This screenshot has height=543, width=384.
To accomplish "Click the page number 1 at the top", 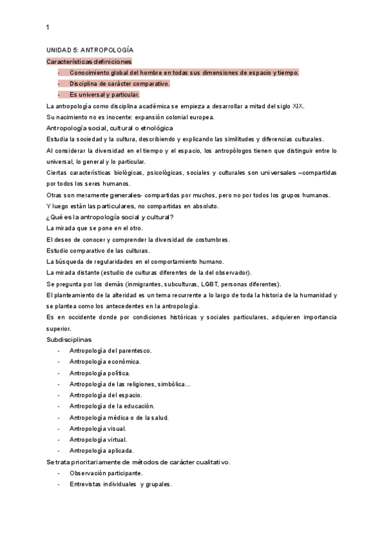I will tap(48, 27).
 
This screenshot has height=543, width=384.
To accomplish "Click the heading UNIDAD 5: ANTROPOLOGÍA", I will tap(90, 50).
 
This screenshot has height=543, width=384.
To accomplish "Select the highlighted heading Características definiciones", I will tap(89, 61).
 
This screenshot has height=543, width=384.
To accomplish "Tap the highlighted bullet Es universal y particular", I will tap(104, 95).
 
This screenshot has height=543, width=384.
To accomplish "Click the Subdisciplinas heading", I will tap(69, 339).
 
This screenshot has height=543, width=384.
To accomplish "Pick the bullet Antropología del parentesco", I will tap(110, 351).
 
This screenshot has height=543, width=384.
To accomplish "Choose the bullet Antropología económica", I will tap(105, 362).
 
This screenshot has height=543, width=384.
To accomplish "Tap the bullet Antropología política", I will tap(100, 373).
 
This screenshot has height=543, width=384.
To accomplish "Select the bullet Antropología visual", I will tap(98, 428).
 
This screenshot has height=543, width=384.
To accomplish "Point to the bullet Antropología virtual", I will tap(99, 439).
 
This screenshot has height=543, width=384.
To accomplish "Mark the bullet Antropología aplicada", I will tap(101, 451).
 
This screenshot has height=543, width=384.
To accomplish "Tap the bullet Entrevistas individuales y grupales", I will tap(121, 484).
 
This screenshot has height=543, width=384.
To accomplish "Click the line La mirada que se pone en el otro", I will tap(95, 228).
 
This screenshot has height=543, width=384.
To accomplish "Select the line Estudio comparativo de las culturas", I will tap(98, 250).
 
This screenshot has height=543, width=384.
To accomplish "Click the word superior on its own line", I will tap(60, 328).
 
